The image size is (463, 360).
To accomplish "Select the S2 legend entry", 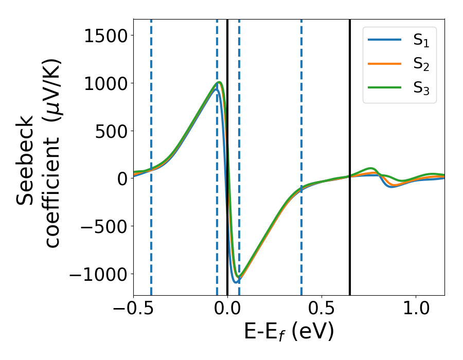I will click(x=399, y=65).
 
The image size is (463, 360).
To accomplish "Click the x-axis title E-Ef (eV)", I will click(x=289, y=332).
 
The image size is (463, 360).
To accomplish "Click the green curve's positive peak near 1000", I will click(x=220, y=82).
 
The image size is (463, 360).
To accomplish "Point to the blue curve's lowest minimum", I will click(x=236, y=282).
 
